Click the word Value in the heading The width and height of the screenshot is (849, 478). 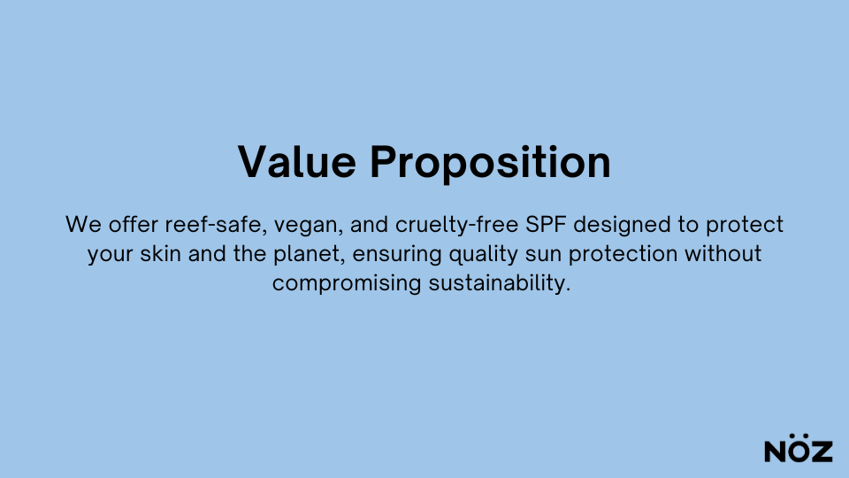pos(297,161)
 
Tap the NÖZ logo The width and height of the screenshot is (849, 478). pos(798,448)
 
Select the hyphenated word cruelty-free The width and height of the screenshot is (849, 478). pos(457,225)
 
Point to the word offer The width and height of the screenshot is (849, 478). pos(134,224)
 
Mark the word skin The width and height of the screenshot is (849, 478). pos(160,253)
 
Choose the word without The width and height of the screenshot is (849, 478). pos(723,253)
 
